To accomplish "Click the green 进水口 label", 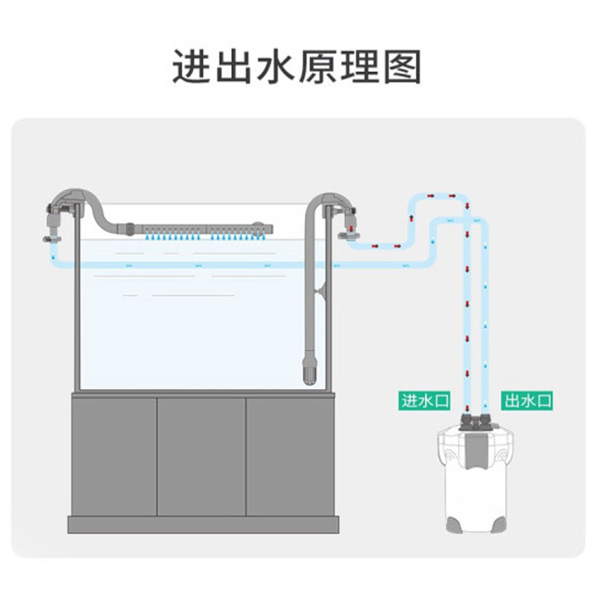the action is pos(424,401).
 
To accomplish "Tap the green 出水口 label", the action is pos(527,401).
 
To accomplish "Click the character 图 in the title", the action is pos(402,67).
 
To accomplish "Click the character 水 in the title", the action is pos(276,67).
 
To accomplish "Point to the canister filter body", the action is pos(476,480).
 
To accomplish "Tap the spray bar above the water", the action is pos(207,229).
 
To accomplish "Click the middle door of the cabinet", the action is pos(202,457).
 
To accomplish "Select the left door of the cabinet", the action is pos(114,457).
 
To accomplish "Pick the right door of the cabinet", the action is pos(290,457).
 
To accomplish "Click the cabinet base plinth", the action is pos(203,525).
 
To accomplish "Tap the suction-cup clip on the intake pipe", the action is pos(320,291).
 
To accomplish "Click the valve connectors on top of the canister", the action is pos(474,422).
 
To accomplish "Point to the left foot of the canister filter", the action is pos(454,524).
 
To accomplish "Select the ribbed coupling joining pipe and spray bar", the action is pos(130,229).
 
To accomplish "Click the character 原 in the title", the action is pos(318,67).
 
